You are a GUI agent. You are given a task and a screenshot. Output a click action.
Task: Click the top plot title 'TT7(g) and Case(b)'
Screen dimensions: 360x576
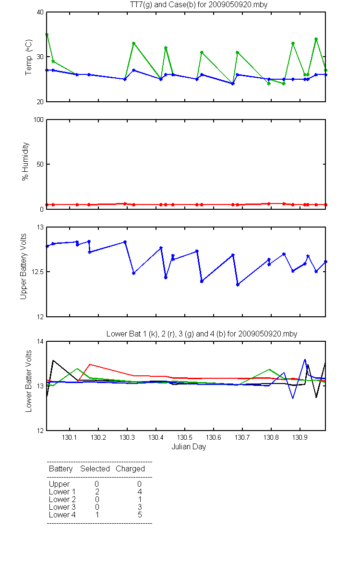click(x=162, y=5)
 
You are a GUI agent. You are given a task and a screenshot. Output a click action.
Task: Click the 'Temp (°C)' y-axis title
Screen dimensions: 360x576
click(x=28, y=57)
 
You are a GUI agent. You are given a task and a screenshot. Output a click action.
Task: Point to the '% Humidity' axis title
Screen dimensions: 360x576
click(x=25, y=161)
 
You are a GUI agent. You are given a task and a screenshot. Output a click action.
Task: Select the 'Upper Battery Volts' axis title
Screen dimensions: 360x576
click(x=23, y=266)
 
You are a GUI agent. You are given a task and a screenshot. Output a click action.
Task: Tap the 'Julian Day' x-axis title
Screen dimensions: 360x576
click(x=189, y=447)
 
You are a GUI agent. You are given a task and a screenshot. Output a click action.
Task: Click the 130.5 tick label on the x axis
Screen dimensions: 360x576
click(x=185, y=437)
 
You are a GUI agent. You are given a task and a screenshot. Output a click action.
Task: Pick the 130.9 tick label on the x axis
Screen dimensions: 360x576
click(x=300, y=437)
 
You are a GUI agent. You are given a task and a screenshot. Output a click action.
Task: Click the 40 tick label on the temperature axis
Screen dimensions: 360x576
click(x=40, y=12)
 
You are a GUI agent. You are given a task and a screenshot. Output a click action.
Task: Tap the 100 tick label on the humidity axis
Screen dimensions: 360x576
click(x=38, y=120)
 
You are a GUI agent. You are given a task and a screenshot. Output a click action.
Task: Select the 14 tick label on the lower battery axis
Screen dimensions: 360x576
click(x=40, y=341)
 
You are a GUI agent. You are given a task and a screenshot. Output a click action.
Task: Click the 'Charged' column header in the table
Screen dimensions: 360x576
click(x=130, y=469)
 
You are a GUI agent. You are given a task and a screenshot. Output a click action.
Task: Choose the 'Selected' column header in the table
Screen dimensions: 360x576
click(x=95, y=468)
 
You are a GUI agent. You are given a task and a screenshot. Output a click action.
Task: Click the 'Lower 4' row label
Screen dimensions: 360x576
click(x=62, y=515)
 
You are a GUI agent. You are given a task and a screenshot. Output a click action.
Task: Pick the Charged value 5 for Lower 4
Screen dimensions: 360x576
click(x=140, y=515)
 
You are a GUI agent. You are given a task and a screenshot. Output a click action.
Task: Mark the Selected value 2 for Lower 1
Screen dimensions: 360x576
click(x=97, y=492)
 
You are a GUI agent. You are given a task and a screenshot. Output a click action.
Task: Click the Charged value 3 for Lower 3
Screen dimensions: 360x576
click(x=140, y=507)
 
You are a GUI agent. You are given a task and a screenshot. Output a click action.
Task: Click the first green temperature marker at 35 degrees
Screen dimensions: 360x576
click(x=47, y=35)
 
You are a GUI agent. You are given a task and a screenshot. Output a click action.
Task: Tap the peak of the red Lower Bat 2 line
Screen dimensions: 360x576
click(x=89, y=364)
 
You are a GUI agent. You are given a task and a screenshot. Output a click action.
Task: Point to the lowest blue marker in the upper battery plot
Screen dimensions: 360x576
click(x=238, y=285)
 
